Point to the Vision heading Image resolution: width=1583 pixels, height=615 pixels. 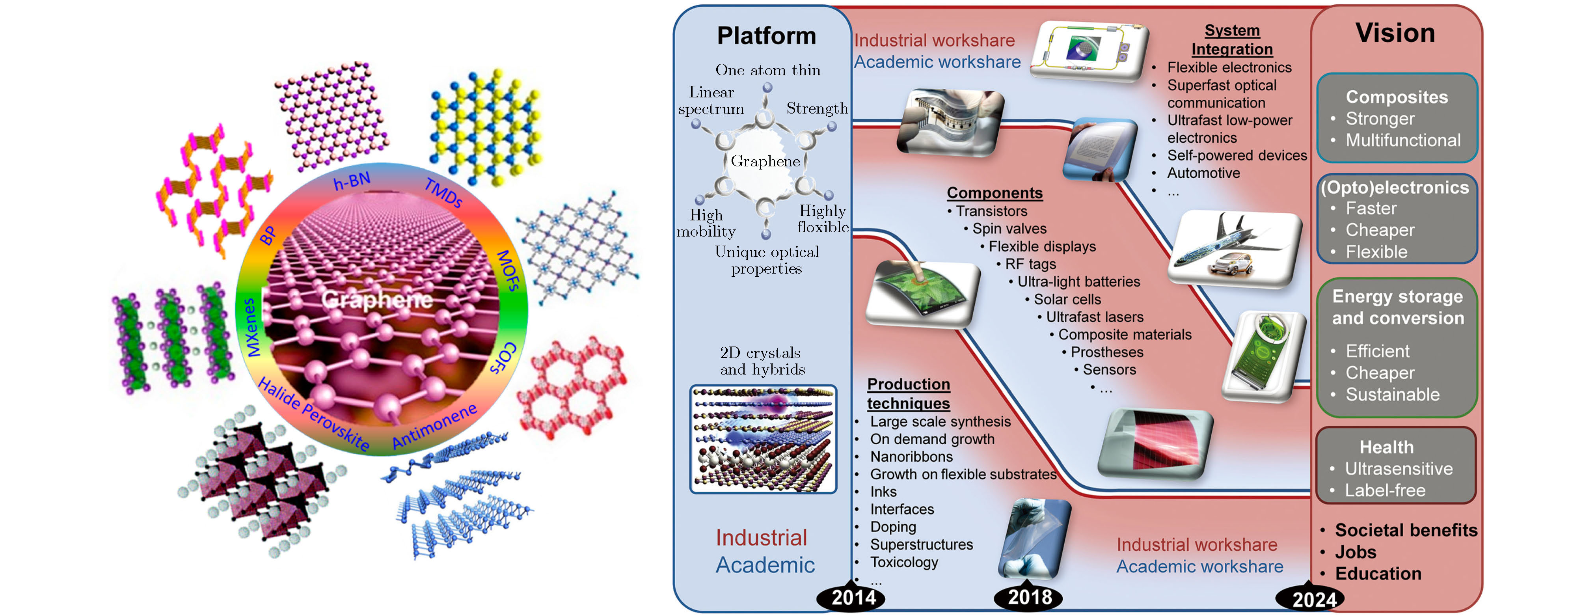click(1395, 33)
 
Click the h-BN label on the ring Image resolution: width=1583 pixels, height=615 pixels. click(352, 181)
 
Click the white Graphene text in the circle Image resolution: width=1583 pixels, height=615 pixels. click(377, 299)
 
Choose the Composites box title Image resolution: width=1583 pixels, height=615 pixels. click(1396, 97)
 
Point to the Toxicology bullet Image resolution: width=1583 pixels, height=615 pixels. click(903, 562)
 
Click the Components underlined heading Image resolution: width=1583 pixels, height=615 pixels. click(994, 193)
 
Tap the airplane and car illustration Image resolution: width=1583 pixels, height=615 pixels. click(1235, 249)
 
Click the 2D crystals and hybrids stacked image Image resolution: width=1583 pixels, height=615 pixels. click(763, 439)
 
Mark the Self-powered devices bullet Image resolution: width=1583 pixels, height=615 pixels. click(1237, 155)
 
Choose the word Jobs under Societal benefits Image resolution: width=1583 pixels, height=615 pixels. click(1355, 552)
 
